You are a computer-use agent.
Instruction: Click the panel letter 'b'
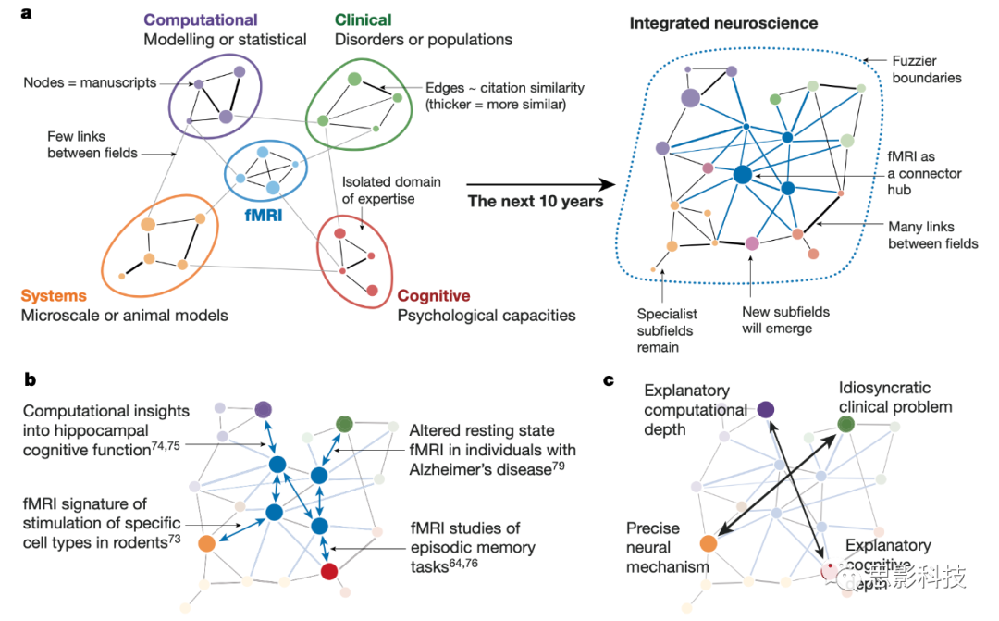point(29,379)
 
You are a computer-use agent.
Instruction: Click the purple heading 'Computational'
point(201,19)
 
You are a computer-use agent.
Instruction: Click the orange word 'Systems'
point(54,296)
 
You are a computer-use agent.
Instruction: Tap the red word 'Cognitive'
point(434,296)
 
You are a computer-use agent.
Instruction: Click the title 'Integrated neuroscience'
point(724,22)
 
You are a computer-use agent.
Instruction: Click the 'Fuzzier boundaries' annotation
point(927,69)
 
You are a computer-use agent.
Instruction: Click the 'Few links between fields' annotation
point(92,144)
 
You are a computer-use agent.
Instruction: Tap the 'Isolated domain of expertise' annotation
point(391,191)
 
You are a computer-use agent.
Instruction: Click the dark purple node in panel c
point(765,409)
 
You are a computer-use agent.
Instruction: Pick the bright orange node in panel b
point(206,544)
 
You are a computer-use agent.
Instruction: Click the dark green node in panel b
point(344,424)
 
